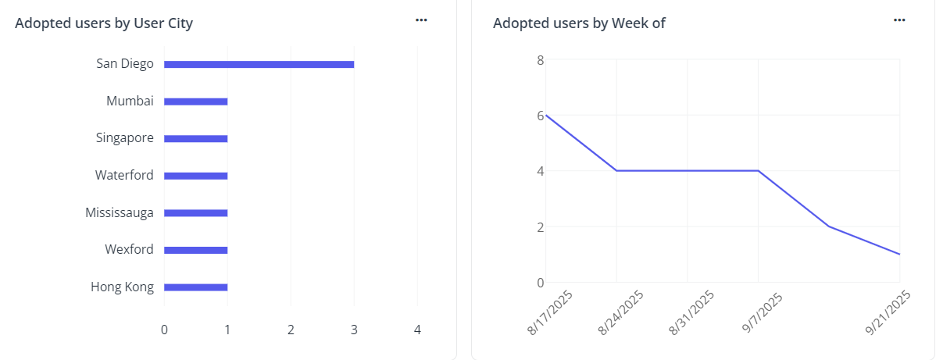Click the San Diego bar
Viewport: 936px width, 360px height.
pyautogui.click(x=259, y=64)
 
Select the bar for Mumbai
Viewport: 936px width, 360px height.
pyautogui.click(x=195, y=102)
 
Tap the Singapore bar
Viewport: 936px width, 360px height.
pyautogui.click(x=195, y=138)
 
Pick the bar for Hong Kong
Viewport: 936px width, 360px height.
pyautogui.click(x=195, y=287)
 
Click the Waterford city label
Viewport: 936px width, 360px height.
pyautogui.click(x=124, y=176)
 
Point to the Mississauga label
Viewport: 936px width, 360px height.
pyautogui.click(x=120, y=212)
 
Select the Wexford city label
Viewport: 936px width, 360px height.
pyautogui.click(x=129, y=250)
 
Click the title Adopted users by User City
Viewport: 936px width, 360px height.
pyautogui.click(x=104, y=23)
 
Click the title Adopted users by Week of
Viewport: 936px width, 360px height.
pyautogui.click(x=579, y=23)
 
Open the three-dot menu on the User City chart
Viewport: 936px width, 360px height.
pyautogui.click(x=421, y=20)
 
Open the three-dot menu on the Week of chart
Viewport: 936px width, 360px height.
pyautogui.click(x=899, y=20)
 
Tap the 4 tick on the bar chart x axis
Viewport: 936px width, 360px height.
pyautogui.click(x=417, y=330)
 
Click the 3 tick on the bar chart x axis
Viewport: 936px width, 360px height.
pyautogui.click(x=354, y=330)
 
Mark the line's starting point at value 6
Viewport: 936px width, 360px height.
pyautogui.click(x=546, y=116)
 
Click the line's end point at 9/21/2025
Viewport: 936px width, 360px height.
pyautogui.click(x=899, y=254)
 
